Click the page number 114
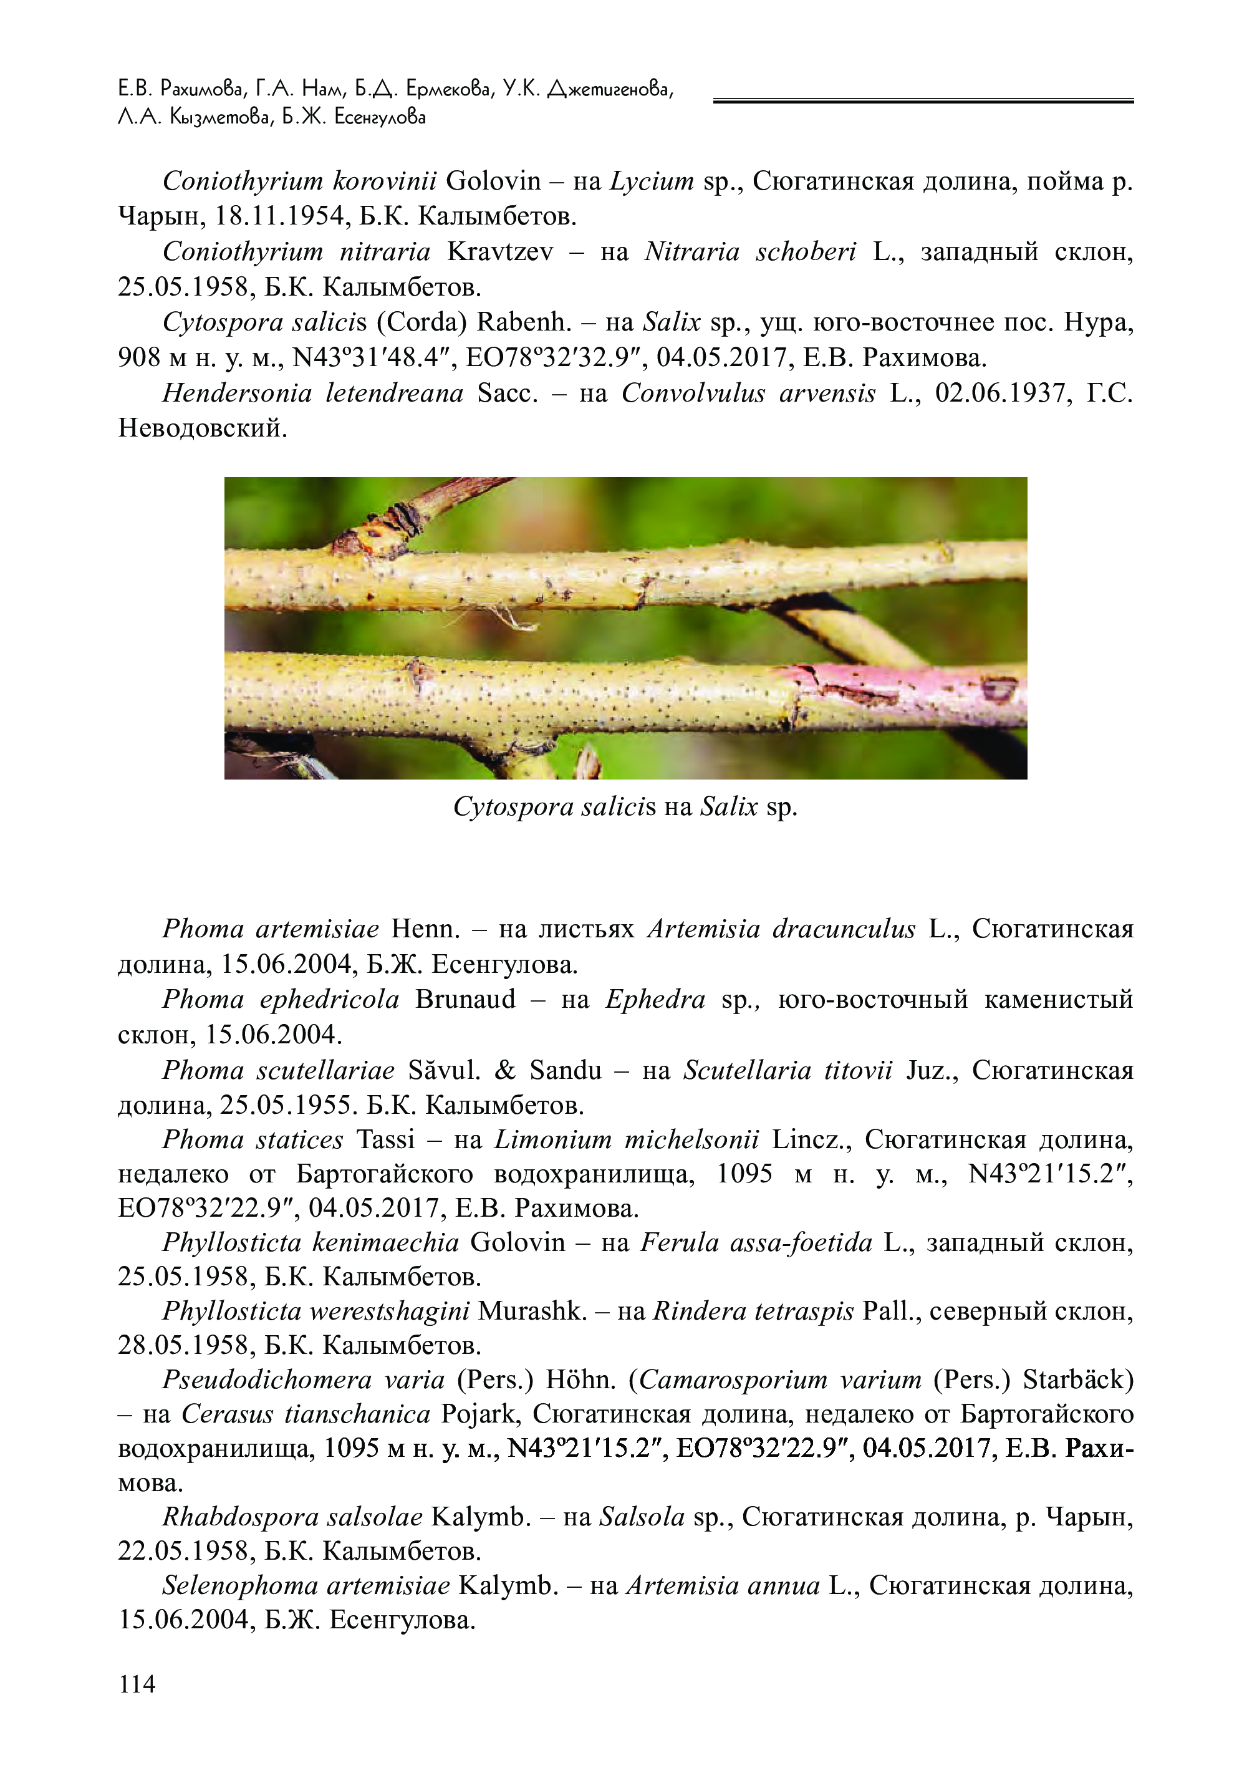pos(137,1684)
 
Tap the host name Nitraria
pos(691,252)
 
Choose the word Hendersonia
pos(237,394)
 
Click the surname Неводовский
pos(202,428)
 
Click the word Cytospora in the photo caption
pos(512,807)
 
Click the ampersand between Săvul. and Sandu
pos(506,1070)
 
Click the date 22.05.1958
pos(185,1552)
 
